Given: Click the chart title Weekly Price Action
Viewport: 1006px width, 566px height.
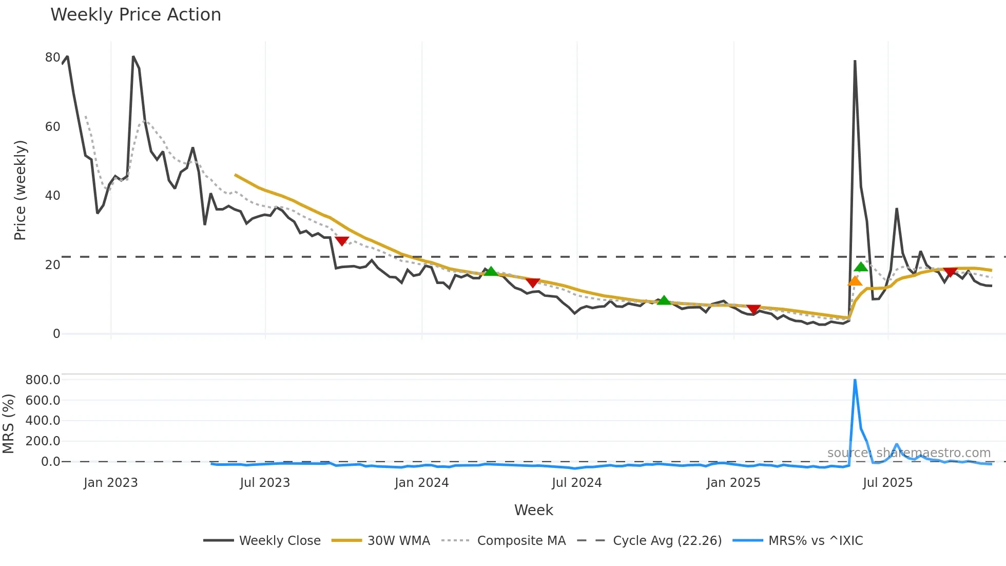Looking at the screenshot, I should pos(136,15).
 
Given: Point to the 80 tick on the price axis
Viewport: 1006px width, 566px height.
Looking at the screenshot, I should pos(52,58).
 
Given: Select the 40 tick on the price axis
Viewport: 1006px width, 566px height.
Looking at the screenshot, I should pos(52,196).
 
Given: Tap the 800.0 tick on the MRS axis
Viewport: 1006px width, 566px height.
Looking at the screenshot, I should pos(43,380).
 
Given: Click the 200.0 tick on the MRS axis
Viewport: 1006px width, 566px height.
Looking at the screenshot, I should pos(43,441).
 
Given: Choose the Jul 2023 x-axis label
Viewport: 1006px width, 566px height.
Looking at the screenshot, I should pos(265,483).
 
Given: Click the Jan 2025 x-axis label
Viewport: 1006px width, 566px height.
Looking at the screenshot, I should pos(733,483).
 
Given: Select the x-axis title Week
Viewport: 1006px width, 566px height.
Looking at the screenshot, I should pos(533,510).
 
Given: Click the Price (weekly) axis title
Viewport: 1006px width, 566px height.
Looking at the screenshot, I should pos(20,190).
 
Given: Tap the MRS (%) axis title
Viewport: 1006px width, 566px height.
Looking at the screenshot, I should pos(9,424).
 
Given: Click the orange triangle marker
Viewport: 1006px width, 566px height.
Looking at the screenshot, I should pos(855,281).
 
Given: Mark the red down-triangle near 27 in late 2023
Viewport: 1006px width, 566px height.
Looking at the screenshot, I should pos(342,241).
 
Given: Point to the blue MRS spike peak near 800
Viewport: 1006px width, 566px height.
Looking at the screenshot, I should pos(855,381).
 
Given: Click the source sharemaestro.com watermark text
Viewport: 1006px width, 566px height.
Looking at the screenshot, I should pos(908,453).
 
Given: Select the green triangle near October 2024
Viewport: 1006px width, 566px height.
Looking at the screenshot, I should pos(664,300).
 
